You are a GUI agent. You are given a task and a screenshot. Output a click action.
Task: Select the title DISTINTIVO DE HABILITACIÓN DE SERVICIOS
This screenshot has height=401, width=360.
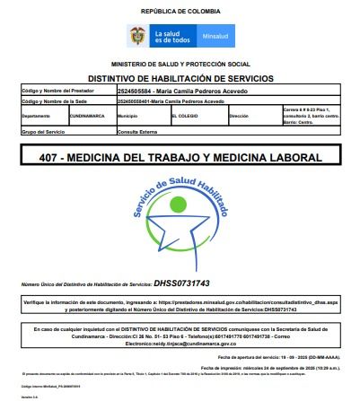(x=179, y=78)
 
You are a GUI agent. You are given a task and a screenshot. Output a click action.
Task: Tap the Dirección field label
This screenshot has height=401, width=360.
(x=239, y=116)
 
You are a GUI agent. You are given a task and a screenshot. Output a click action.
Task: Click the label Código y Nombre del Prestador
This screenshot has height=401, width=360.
(x=57, y=91)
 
